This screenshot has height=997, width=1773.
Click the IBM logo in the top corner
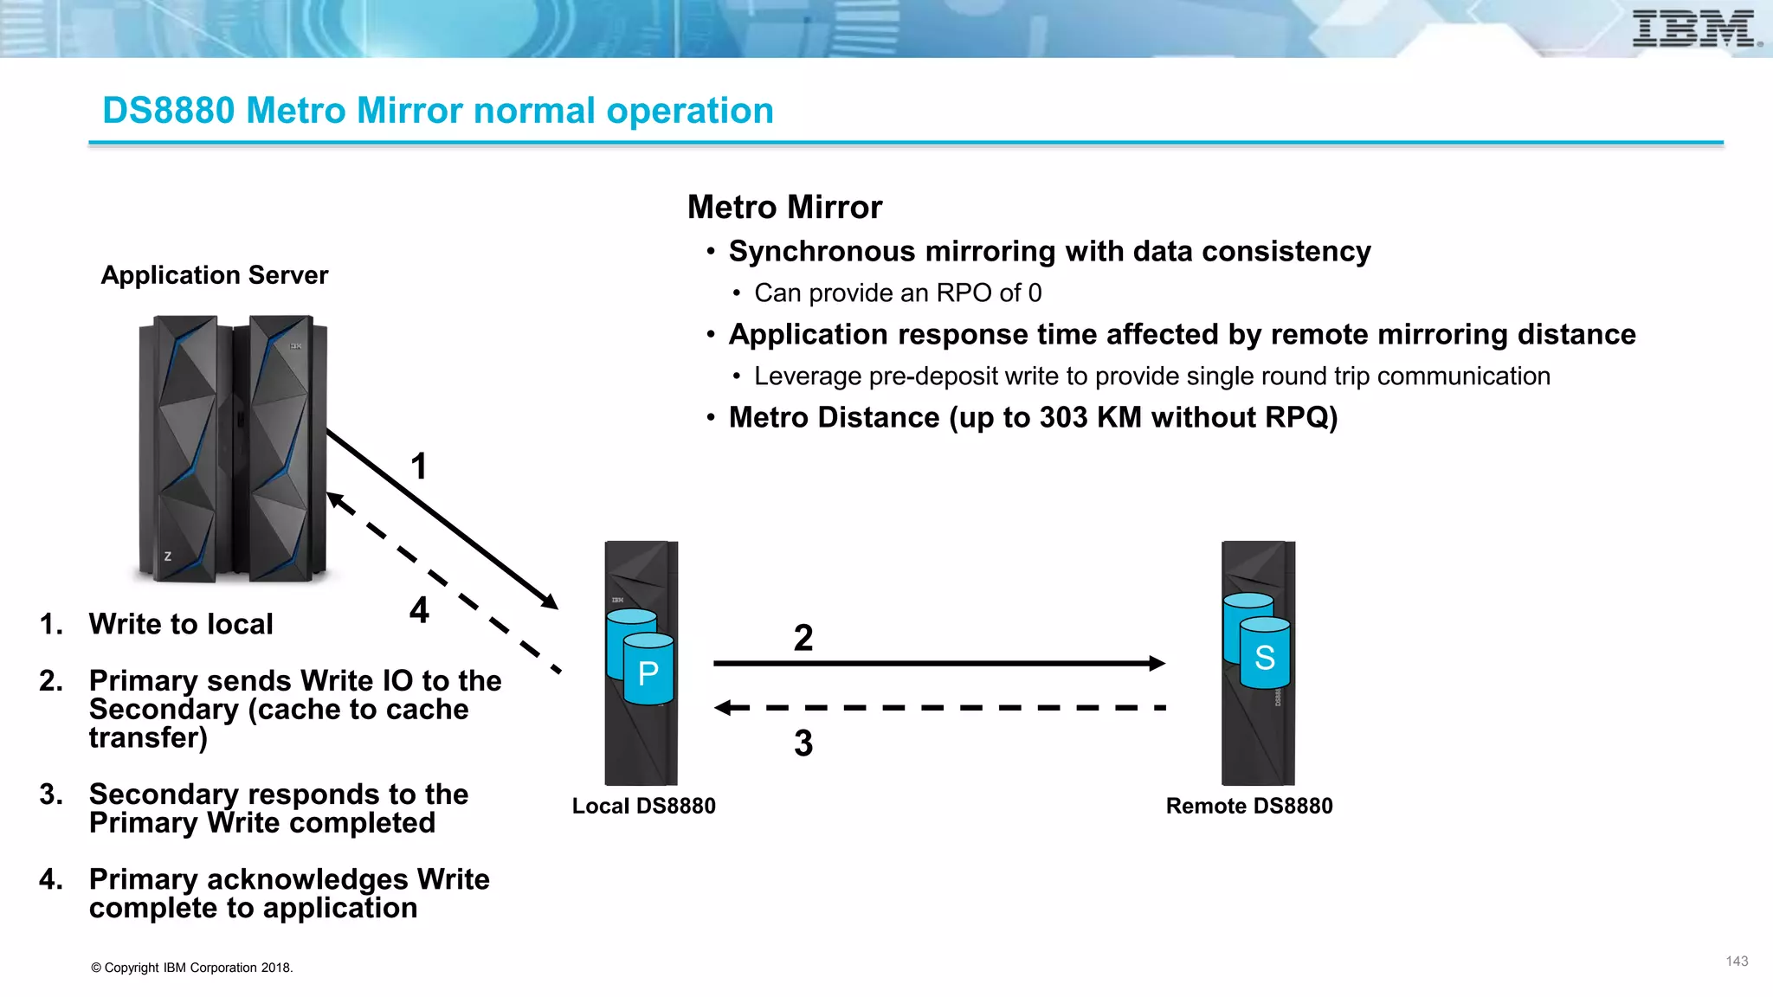(1695, 29)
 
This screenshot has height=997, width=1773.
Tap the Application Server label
(215, 275)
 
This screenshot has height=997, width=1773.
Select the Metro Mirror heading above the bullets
(784, 208)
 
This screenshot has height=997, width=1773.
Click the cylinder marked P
(648, 672)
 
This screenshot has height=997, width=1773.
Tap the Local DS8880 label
(643, 806)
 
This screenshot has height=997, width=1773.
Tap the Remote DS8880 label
(1248, 806)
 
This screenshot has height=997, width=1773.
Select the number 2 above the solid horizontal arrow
(803, 638)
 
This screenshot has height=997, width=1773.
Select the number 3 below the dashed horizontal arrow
(803, 743)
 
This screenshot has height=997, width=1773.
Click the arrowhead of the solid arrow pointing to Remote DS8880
(1157, 664)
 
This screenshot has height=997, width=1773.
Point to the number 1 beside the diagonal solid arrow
(419, 466)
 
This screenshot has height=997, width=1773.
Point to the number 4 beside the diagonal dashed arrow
(419, 610)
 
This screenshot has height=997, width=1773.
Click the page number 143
(1737, 962)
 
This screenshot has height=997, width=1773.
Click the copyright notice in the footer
(192, 968)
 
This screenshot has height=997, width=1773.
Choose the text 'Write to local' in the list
(181, 624)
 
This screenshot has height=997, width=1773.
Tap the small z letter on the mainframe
(168, 556)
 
